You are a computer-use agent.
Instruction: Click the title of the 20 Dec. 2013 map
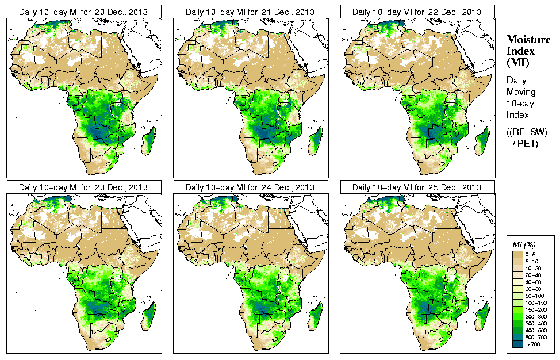click(x=83, y=12)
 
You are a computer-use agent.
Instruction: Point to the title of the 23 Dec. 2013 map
click(x=83, y=187)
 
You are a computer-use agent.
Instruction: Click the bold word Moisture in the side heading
click(x=528, y=39)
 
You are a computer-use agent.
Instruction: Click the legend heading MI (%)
click(x=524, y=245)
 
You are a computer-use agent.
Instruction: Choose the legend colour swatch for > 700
click(x=517, y=344)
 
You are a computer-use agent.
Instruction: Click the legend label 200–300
click(x=535, y=316)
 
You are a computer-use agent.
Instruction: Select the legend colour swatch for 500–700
click(x=517, y=337)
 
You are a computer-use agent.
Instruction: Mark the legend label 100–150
click(x=535, y=302)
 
